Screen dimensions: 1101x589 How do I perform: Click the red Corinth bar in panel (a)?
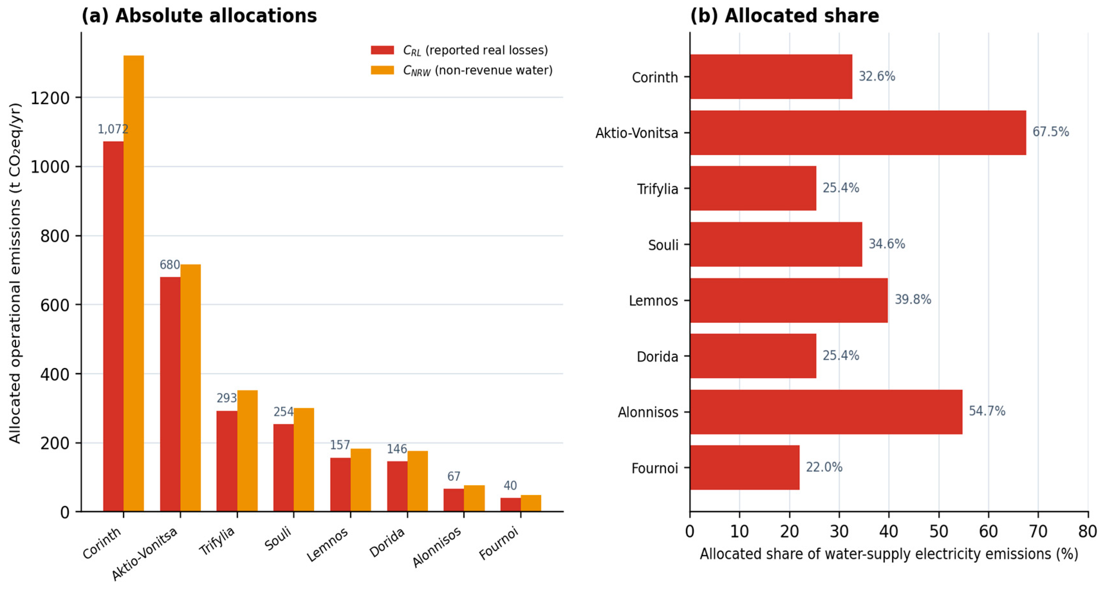point(113,326)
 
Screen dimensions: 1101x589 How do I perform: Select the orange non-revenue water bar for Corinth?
point(134,283)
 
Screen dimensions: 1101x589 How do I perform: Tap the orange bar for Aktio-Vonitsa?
point(190,388)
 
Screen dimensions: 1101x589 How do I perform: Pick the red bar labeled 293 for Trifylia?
point(227,461)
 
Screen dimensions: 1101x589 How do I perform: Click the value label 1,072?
point(113,129)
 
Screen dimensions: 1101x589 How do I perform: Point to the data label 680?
point(170,265)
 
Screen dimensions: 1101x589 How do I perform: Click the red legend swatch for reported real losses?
point(382,50)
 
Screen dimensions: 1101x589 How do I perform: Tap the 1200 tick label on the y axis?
point(50,98)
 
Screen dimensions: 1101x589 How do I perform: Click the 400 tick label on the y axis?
point(55,374)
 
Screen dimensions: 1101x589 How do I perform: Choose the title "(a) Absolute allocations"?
point(199,16)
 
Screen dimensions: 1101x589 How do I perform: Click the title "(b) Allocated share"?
point(785,16)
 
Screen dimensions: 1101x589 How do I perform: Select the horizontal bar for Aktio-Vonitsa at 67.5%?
point(858,133)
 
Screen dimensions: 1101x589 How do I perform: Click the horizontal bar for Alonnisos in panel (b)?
point(826,412)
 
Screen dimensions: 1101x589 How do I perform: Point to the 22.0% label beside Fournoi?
point(824,467)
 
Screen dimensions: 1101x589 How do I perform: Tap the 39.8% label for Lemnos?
point(913,299)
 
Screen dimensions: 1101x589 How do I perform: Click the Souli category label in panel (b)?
point(663,245)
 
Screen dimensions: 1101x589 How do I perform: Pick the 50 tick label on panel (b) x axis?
point(939,531)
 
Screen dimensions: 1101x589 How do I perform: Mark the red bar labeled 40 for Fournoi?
point(511,505)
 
